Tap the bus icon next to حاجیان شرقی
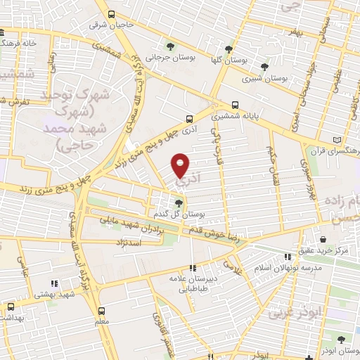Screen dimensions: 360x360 (111, 14)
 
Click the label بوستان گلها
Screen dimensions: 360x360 (226, 60)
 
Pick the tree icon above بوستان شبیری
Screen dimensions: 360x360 (264, 67)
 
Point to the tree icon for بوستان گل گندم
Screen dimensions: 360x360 (178, 202)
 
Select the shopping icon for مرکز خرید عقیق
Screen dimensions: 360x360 (323, 239)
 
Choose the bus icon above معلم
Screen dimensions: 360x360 (101, 310)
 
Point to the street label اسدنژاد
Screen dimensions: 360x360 (127, 242)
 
